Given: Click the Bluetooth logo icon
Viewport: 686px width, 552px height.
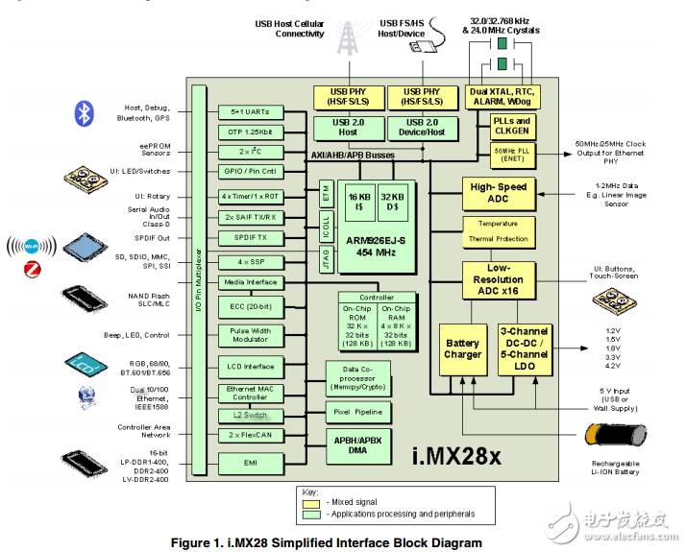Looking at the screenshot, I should (84, 112).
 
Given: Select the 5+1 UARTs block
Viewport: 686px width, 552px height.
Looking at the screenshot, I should (249, 112).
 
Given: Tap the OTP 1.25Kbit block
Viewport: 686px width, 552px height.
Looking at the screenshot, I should (249, 132).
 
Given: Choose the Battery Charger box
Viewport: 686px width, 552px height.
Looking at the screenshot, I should (462, 348).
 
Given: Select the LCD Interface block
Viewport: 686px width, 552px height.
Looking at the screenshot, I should (249, 367).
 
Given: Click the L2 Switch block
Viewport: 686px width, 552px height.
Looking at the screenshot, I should (249, 415).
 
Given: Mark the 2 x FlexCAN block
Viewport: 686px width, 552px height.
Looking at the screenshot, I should (249, 435).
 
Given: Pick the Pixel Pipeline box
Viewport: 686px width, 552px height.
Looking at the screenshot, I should (357, 411).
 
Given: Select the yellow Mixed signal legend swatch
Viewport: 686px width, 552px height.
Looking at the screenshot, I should (310, 502).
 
